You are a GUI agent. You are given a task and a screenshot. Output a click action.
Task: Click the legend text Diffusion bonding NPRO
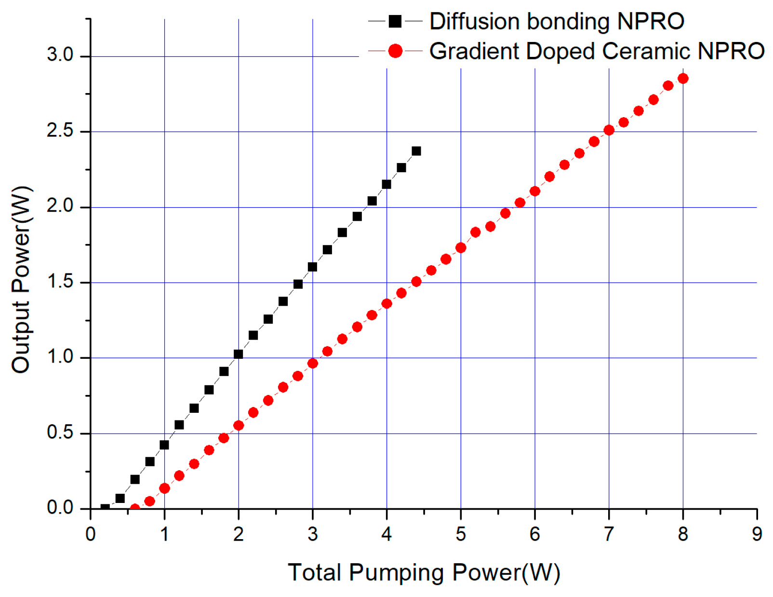tap(556, 22)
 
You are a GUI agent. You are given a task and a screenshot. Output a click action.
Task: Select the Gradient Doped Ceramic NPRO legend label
tap(596, 51)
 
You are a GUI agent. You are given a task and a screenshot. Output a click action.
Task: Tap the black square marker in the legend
tap(395, 21)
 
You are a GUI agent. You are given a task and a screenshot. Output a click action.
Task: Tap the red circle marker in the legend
tap(395, 51)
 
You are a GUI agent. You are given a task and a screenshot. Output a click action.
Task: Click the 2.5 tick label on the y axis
tap(60, 131)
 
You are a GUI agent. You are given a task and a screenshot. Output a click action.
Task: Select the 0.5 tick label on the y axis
tap(60, 433)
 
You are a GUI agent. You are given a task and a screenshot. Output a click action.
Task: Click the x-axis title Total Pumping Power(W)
tap(424, 573)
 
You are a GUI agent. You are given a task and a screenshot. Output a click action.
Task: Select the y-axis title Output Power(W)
tap(21, 280)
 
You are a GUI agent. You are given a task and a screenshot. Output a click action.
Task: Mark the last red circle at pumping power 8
tap(683, 78)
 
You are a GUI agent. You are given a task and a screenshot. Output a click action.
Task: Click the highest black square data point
tap(416, 151)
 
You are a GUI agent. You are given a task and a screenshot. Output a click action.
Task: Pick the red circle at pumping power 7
tap(609, 130)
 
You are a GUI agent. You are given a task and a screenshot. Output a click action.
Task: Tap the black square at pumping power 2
tap(238, 354)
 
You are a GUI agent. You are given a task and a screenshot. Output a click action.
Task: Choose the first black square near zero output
tap(105, 508)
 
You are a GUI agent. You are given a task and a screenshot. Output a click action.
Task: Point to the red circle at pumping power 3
tap(312, 363)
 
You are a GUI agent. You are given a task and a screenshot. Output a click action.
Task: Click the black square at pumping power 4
tap(386, 184)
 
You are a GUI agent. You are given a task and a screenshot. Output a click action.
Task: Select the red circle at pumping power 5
tap(461, 248)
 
